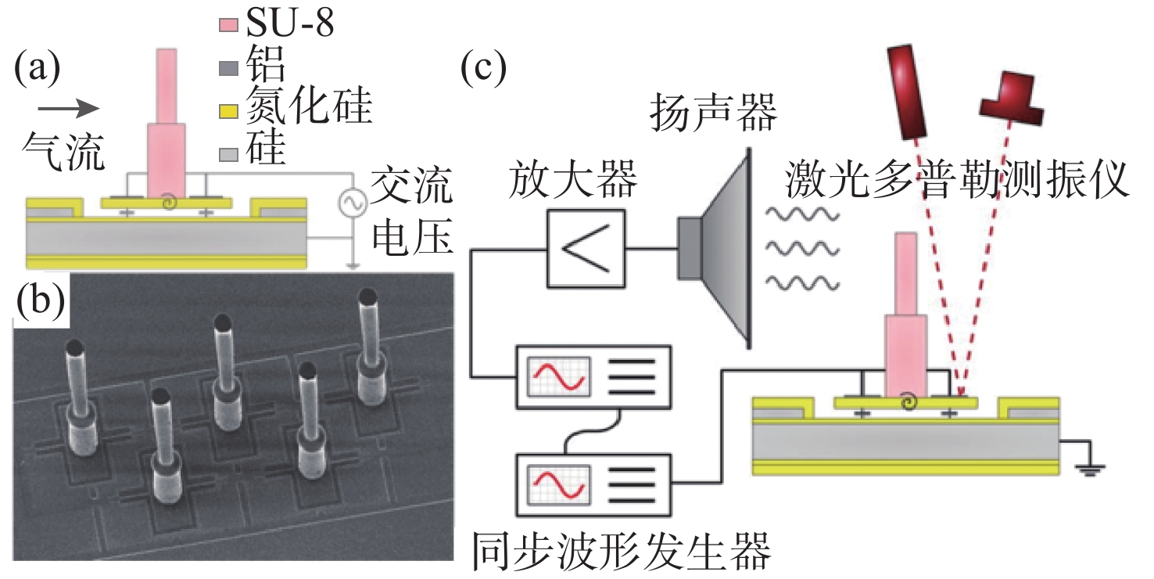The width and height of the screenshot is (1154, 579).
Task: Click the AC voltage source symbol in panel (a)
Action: pyautogui.click(x=351, y=203)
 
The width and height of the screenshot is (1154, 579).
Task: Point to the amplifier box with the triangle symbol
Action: pyautogui.click(x=586, y=249)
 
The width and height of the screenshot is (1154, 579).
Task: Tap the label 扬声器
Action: pyautogui.click(x=714, y=114)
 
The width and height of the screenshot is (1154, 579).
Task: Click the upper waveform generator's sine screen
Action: pyautogui.click(x=557, y=376)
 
